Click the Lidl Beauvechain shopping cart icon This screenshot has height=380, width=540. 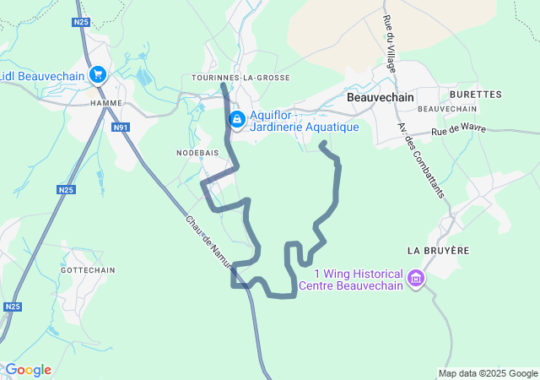pos(98,74)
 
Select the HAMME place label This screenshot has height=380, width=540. pos(106,103)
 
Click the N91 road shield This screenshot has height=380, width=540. pos(121,128)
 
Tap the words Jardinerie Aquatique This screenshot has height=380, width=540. pos(305,128)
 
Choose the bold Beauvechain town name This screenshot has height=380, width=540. pos(381,98)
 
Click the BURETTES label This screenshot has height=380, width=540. pos(476,95)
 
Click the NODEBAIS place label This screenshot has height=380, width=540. pos(197,153)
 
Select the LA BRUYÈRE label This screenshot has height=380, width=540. pos(437,251)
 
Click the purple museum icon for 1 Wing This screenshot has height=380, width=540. pos(415,278)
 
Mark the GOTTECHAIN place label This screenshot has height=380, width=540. pos(87,269)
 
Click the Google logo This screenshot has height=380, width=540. pos(28,370)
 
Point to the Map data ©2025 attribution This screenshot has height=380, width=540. pos(487,373)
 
